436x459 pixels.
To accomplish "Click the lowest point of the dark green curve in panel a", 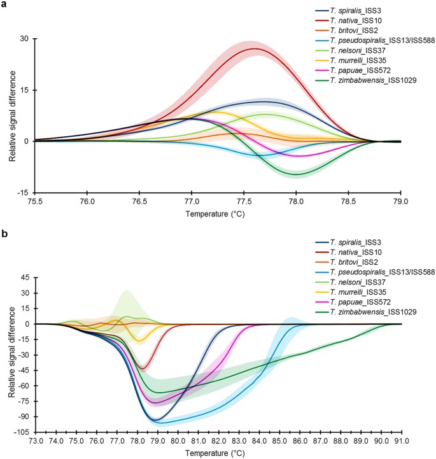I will [297, 174].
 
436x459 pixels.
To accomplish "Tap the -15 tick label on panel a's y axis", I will [22, 192].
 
